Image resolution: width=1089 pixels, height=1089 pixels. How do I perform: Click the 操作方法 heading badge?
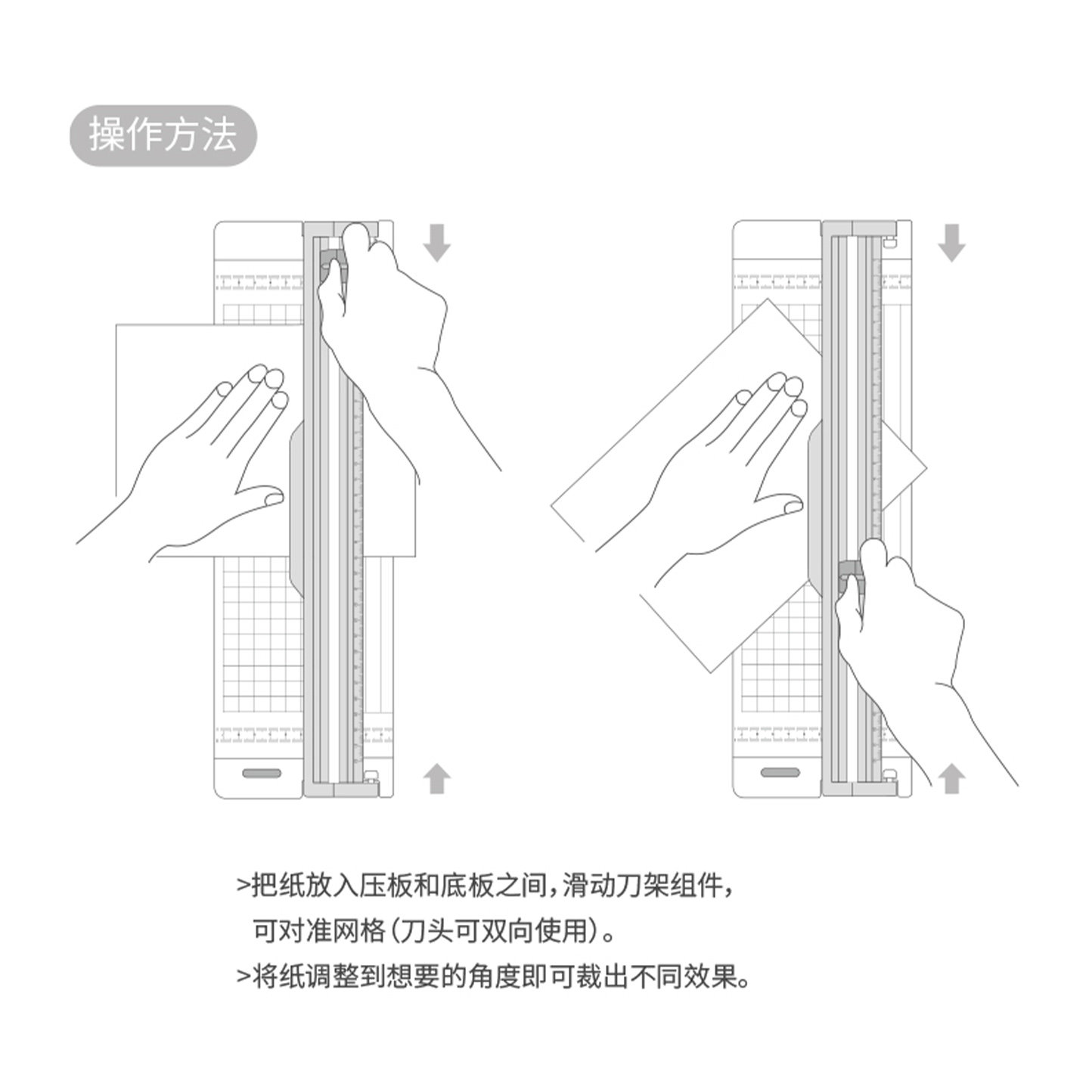163,136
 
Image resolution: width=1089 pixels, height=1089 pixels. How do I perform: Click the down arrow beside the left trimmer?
436,241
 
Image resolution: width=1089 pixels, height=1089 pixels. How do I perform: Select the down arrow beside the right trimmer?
951,241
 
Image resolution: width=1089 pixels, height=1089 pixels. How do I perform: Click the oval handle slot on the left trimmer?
262,773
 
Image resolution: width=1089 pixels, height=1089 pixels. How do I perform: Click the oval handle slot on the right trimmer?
780,773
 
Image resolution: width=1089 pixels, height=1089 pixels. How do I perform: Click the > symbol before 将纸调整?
243,978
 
